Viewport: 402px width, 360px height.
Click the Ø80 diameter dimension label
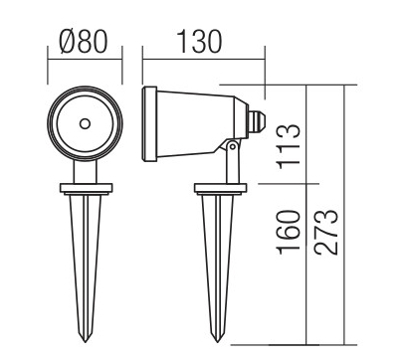84,42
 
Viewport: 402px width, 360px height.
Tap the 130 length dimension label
199,42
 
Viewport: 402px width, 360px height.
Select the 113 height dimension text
290,146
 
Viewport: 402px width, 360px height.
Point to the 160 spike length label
290,232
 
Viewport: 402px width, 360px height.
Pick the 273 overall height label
326,232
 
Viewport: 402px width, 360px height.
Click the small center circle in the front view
85,123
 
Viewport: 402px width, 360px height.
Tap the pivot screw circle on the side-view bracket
233,145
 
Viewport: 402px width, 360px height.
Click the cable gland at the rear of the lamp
257,122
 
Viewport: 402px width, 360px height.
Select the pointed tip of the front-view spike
85,342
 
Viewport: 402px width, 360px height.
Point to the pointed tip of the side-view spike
217,342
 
